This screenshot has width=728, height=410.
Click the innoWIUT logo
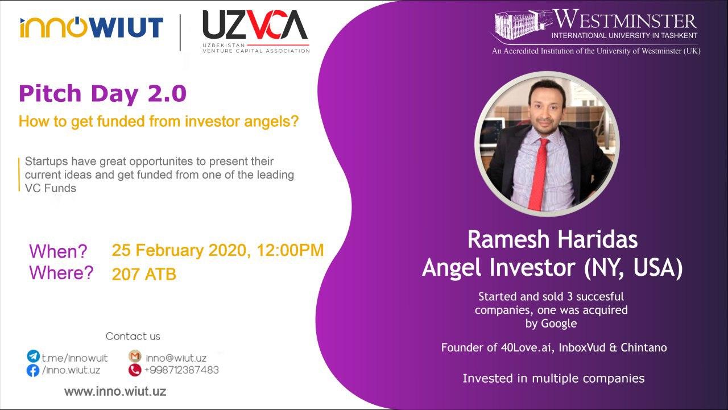(x=92, y=27)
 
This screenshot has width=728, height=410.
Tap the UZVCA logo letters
(x=255, y=24)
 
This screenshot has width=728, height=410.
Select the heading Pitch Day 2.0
(x=103, y=94)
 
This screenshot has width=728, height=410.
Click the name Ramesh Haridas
(x=552, y=239)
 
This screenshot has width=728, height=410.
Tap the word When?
(x=59, y=251)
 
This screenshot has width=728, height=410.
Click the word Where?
(x=61, y=272)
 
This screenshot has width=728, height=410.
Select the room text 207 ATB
(x=144, y=274)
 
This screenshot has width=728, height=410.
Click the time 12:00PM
(x=290, y=250)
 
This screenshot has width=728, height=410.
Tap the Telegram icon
(x=33, y=357)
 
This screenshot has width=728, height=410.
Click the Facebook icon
(x=33, y=370)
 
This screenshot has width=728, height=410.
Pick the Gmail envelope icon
(x=135, y=357)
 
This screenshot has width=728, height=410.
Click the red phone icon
(x=135, y=370)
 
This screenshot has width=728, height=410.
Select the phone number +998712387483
(x=181, y=370)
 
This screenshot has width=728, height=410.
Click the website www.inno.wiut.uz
(x=115, y=391)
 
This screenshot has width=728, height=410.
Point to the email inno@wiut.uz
(x=176, y=358)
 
